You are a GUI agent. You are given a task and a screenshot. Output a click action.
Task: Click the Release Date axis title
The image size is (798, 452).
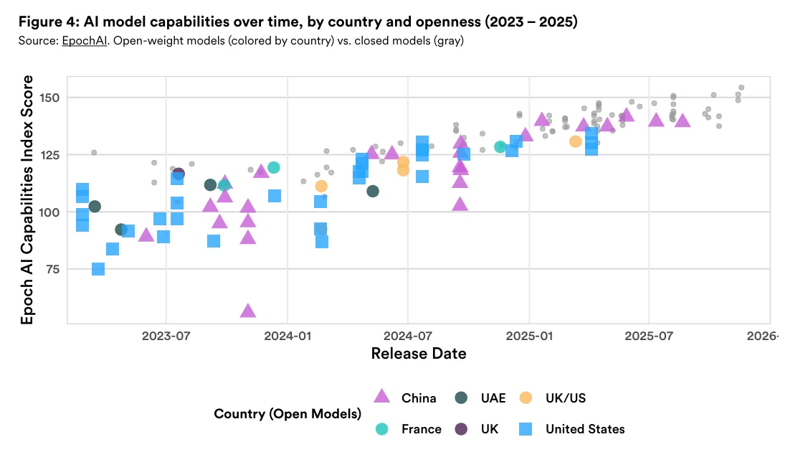(x=418, y=354)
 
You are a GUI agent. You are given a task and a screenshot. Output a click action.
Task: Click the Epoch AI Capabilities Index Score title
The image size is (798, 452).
(x=27, y=200)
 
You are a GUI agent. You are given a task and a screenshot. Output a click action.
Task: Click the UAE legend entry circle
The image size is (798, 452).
(x=462, y=397)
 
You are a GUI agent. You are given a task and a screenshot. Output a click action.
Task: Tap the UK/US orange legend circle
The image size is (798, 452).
(x=526, y=397)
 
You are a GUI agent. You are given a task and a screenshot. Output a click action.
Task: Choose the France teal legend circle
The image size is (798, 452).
(x=383, y=429)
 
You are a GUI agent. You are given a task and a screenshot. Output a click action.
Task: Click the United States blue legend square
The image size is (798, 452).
(x=526, y=429)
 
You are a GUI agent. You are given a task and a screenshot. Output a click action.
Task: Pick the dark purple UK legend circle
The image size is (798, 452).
(x=462, y=429)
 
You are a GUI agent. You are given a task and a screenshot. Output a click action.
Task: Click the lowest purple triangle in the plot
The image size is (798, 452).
(x=248, y=311)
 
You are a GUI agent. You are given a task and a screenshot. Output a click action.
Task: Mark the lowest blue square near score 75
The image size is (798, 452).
(x=98, y=269)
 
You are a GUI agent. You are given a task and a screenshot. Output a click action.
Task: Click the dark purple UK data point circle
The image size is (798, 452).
(x=179, y=174)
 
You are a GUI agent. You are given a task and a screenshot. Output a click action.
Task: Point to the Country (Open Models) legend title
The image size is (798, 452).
(x=287, y=414)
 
